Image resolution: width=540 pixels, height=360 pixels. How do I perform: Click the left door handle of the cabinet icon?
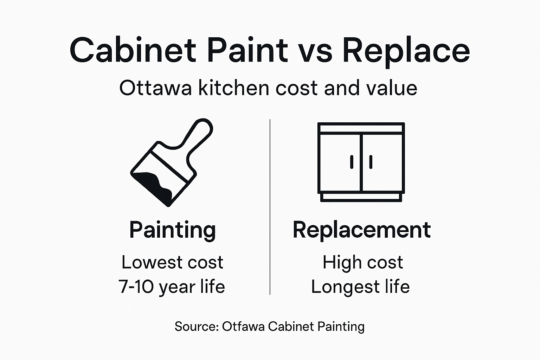tap(352, 162)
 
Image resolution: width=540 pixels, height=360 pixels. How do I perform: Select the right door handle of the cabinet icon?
tap(371, 162)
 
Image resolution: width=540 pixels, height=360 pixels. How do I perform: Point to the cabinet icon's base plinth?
tap(361, 198)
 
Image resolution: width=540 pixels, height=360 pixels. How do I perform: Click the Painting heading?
tap(172, 230)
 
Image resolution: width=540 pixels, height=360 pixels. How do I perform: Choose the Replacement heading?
tap(361, 230)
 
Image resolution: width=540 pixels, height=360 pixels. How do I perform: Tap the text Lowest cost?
tap(172, 262)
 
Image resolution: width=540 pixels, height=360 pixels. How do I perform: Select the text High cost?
tap(362, 262)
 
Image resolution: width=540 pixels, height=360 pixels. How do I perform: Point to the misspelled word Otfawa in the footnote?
tap(243, 327)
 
